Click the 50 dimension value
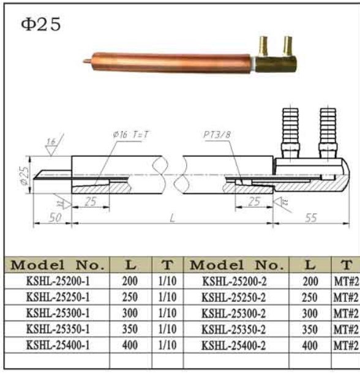pyautogui.click(x=54, y=217)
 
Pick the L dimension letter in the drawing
pyautogui.click(x=172, y=219)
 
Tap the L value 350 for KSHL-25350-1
pyautogui.click(x=130, y=329)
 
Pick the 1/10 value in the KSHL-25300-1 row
pyautogui.click(x=167, y=313)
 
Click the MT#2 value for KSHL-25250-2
pyautogui.click(x=345, y=297)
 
